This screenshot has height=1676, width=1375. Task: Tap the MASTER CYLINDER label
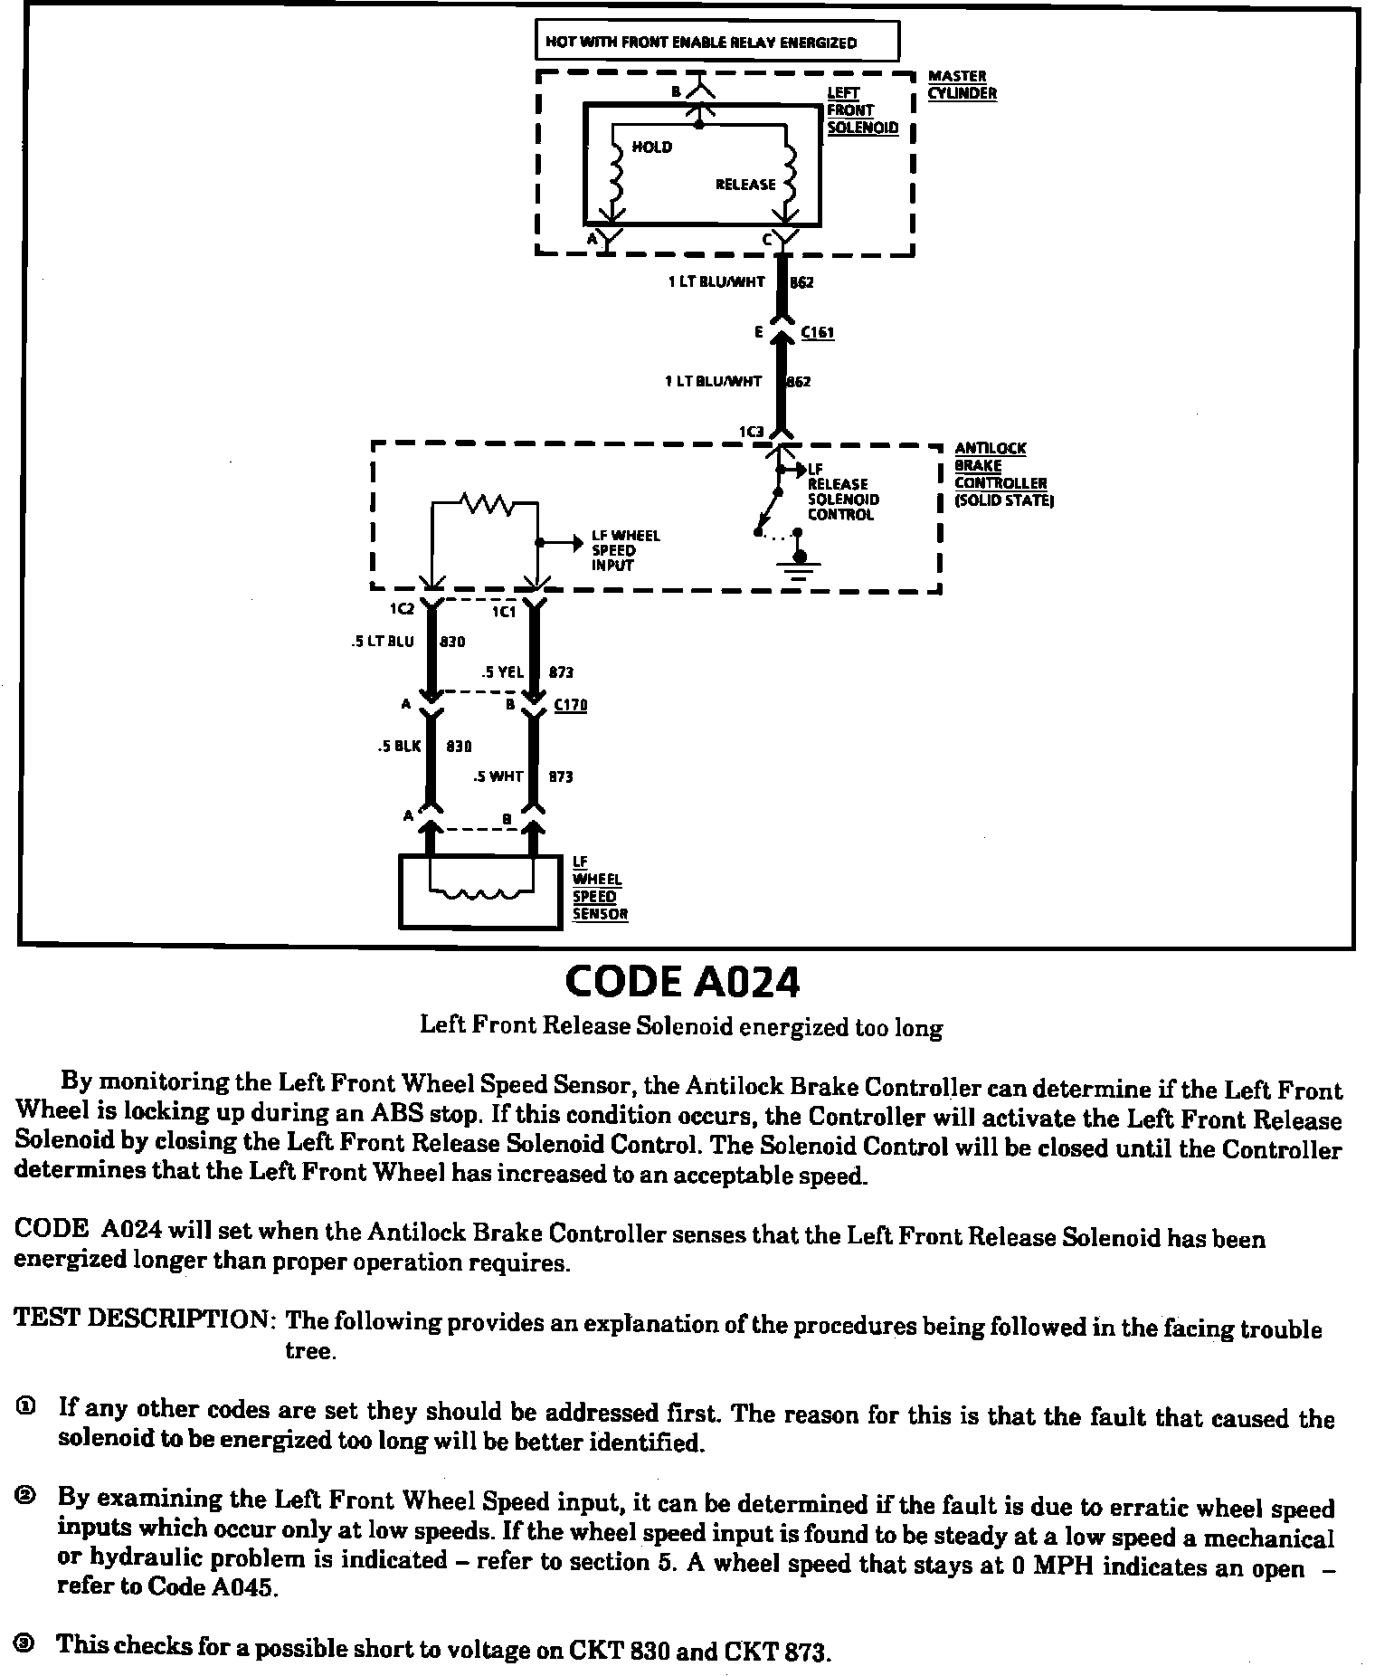(962, 84)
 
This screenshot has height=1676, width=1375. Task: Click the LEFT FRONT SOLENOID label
(861, 110)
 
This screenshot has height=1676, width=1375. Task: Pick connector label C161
(818, 333)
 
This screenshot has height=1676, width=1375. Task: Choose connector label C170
(570, 705)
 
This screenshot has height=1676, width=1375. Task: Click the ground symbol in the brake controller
(798, 567)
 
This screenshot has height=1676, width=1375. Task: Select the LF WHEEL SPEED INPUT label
(625, 550)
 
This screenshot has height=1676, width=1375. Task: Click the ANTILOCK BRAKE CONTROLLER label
(1001, 474)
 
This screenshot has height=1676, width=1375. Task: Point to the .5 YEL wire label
(503, 672)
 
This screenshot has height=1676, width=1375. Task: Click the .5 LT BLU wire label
(382, 642)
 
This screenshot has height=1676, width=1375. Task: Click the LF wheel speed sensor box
(479, 891)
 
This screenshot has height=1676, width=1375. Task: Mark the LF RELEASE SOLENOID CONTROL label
(842, 492)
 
